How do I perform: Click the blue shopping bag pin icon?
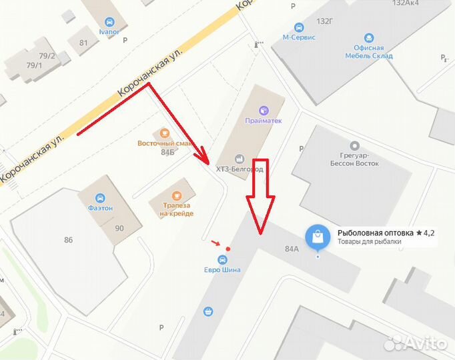pos(318,236)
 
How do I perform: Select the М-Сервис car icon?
pos(299,27)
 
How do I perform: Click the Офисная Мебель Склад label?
pos(369,52)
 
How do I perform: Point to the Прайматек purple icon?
pos(264,110)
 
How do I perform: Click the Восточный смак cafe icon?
pos(165,133)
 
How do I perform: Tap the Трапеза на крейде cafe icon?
pos(176,196)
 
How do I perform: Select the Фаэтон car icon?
pos(99,197)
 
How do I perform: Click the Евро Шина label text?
pos(222,269)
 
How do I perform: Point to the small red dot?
pos(228,249)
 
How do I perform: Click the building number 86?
pos(68,239)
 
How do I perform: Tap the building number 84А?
pos(292,249)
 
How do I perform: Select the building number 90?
pos(119,228)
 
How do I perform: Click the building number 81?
pos(83,43)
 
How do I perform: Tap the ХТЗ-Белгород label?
pos(240,169)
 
